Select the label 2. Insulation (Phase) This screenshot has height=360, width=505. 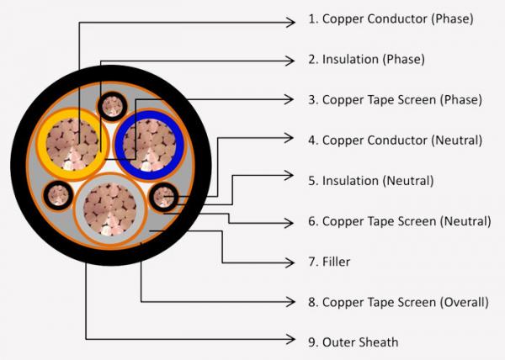point(366,60)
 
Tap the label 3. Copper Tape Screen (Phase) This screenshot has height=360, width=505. point(395,99)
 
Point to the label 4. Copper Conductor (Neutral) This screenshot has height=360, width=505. point(395,140)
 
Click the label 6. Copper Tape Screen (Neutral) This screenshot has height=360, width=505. point(399,221)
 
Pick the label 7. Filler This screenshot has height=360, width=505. point(329,262)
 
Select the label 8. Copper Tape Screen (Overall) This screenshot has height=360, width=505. point(398,302)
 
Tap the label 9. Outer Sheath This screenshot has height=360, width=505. point(353,342)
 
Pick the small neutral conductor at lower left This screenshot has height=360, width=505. point(57,195)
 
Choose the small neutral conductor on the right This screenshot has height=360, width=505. point(162,197)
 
